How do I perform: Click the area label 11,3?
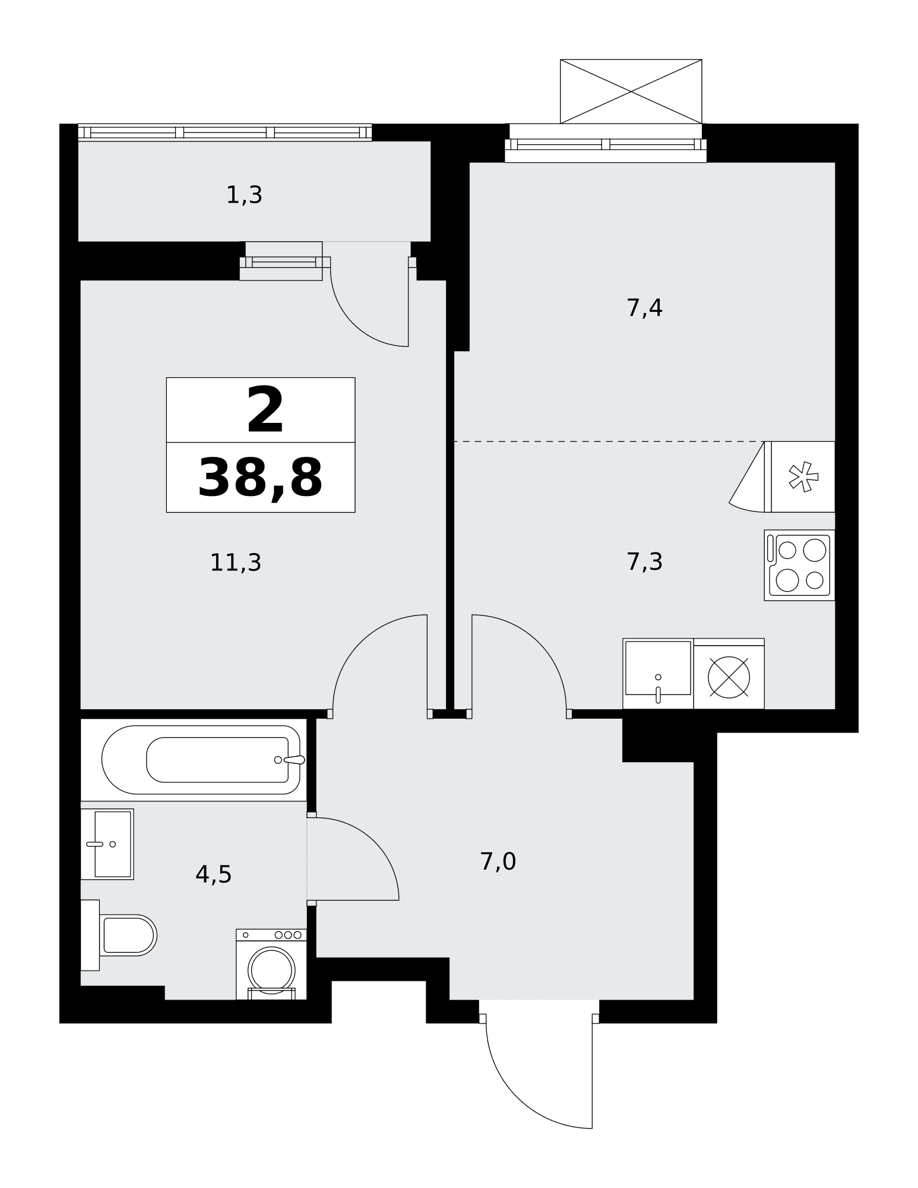[236, 562]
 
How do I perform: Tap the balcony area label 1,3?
[244, 195]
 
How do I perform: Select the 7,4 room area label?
[644, 308]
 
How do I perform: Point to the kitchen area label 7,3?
[644, 561]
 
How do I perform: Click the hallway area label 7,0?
[498, 861]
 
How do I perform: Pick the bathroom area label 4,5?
[213, 874]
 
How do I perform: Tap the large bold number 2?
[265, 410]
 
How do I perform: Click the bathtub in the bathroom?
[201, 760]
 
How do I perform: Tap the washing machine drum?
[271, 969]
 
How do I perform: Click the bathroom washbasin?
[107, 843]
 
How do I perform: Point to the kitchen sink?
[658, 673]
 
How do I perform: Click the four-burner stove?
[799, 565]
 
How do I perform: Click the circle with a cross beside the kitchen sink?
[729, 677]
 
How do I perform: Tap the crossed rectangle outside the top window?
[631, 91]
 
